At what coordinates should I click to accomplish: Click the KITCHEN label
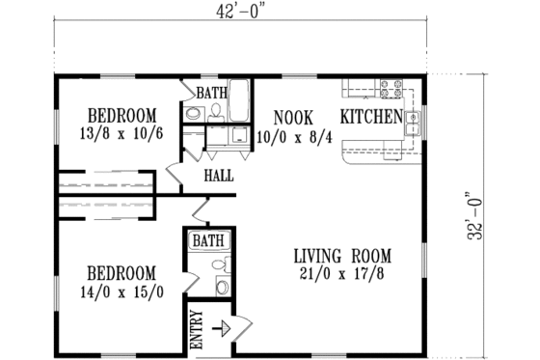coord(370,117)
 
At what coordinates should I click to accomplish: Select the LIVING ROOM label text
coord(342,256)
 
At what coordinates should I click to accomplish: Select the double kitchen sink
coord(412,123)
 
